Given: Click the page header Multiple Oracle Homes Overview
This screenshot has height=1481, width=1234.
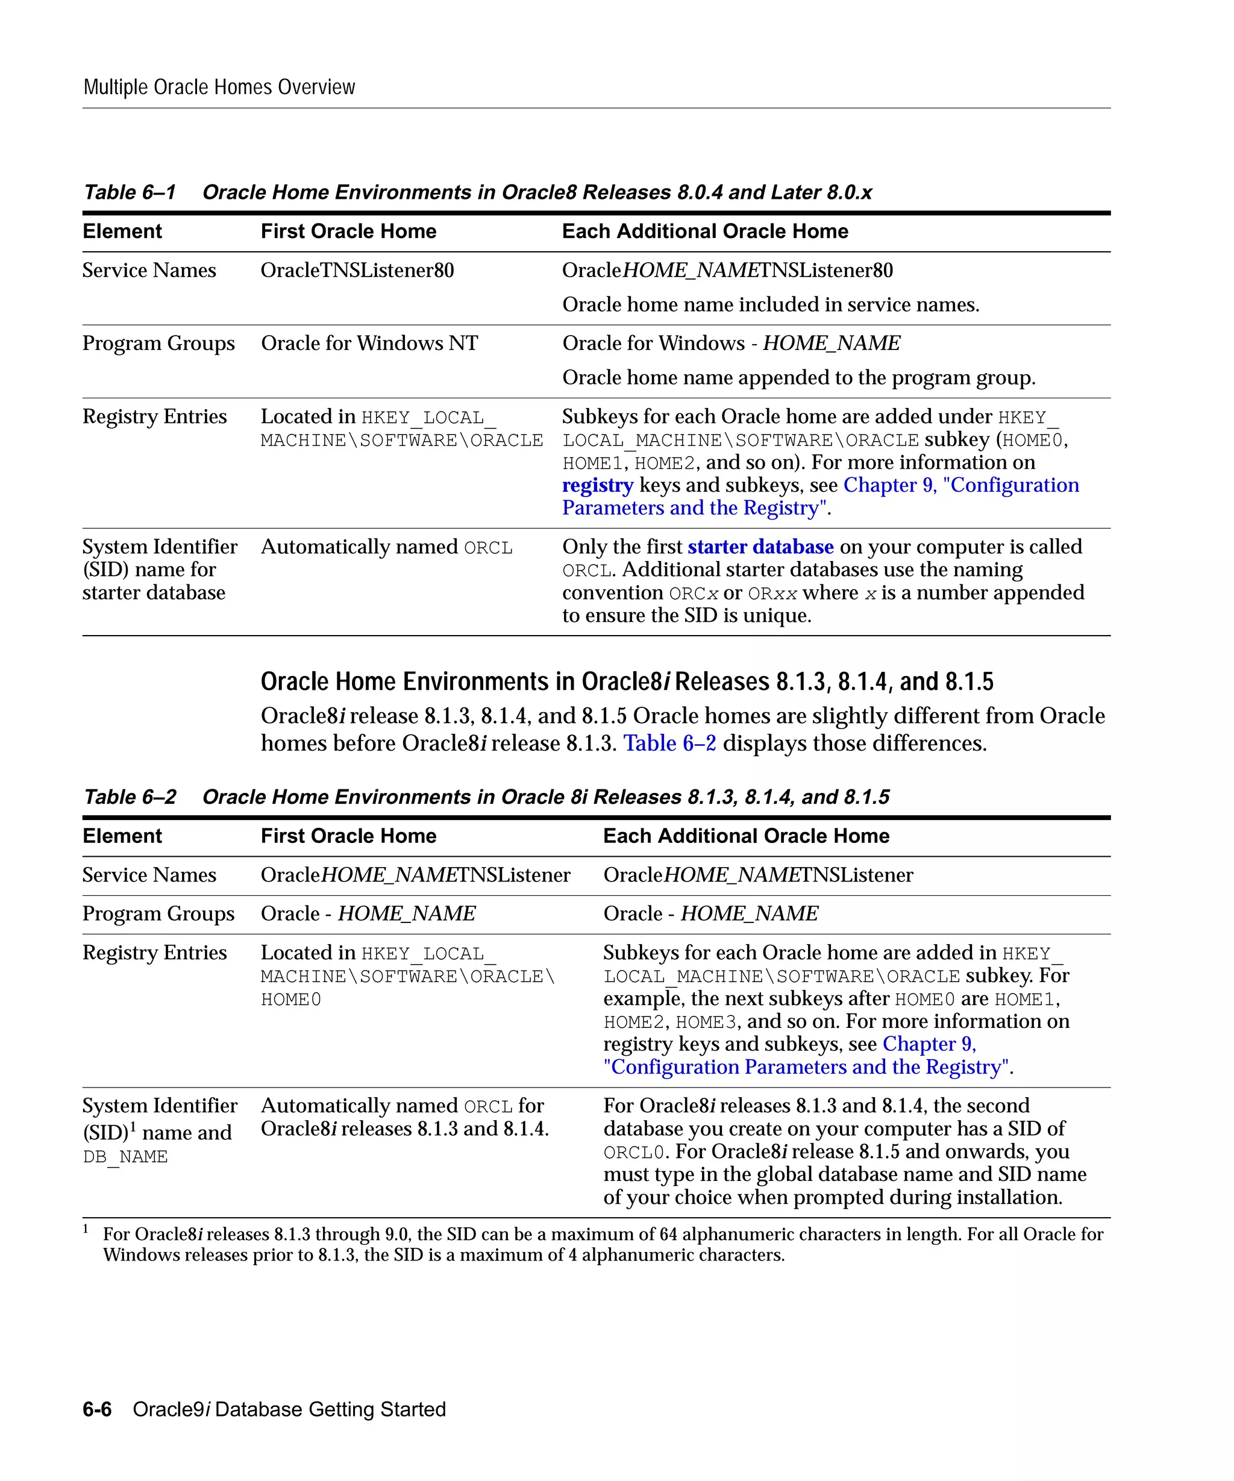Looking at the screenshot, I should click(x=219, y=87).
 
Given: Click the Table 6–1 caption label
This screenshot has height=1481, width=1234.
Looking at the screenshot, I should click(x=129, y=193).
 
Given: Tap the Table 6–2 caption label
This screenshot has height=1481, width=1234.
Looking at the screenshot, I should click(x=129, y=797).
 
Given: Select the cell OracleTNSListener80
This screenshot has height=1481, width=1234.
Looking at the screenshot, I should click(x=357, y=271).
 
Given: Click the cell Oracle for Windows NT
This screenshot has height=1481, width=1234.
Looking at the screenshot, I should click(x=369, y=343).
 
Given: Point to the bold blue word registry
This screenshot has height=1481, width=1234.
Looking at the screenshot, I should click(x=597, y=485).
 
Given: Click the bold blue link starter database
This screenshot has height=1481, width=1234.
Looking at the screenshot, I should click(x=760, y=547).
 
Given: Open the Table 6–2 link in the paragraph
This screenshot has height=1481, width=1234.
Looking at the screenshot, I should click(x=669, y=744).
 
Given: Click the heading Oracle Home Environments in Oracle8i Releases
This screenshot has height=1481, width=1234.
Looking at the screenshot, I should click(x=626, y=682).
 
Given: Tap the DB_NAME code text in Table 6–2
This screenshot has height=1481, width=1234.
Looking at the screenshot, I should click(x=125, y=1157).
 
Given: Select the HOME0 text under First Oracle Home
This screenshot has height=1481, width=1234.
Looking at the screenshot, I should click(x=290, y=1000).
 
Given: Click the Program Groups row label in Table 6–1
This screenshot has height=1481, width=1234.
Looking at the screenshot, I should click(x=158, y=343).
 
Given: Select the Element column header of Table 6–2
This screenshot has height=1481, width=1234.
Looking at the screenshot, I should click(x=122, y=836).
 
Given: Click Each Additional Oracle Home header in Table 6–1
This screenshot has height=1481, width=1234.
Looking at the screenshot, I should click(x=704, y=231).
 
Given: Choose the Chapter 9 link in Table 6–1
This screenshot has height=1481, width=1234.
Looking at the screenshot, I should click(x=889, y=485).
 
